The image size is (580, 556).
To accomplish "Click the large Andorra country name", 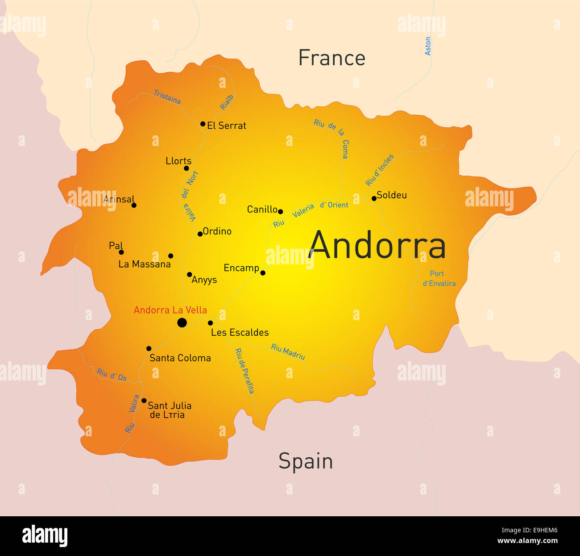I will click(x=377, y=245).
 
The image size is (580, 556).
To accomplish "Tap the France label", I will click(x=331, y=58).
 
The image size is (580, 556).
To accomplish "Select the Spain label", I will click(x=306, y=461).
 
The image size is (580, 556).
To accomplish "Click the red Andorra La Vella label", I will click(x=170, y=310).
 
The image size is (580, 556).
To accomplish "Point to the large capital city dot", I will click(x=182, y=322).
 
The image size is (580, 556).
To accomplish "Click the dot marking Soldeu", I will click(x=374, y=198).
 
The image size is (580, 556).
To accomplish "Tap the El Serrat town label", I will click(x=226, y=125).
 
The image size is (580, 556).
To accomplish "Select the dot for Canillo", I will click(x=280, y=212).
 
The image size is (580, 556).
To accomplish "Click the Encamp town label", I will click(x=241, y=268).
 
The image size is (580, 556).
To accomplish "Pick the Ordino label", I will click(x=217, y=231).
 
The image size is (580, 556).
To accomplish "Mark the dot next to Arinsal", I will click(x=134, y=205).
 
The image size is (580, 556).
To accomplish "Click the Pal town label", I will click(x=116, y=246).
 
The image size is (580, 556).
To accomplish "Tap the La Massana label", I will click(x=144, y=264).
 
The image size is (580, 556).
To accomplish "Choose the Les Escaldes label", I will click(x=240, y=333).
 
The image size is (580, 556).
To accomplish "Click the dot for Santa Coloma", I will click(x=149, y=348).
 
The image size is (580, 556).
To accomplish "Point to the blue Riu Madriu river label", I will click(x=288, y=352).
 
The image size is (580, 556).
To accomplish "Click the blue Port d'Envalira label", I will click(x=439, y=278).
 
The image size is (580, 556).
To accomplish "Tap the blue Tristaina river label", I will click(x=167, y=97).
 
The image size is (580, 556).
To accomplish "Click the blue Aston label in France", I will click(x=428, y=46).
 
